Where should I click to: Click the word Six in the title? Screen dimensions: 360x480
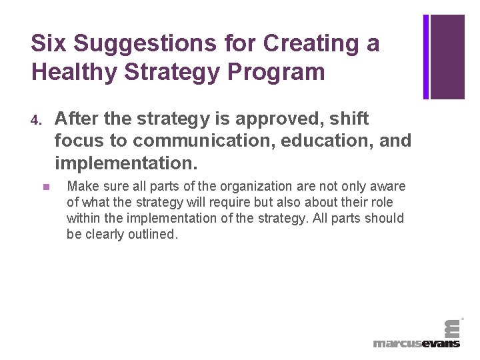(x=49, y=44)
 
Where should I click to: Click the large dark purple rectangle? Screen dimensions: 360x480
(x=447, y=57)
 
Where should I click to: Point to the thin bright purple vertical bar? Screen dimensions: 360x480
(x=426, y=57)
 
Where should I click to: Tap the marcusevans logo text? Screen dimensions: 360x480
(x=417, y=343)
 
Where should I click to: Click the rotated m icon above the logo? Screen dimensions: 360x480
(x=451, y=327)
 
